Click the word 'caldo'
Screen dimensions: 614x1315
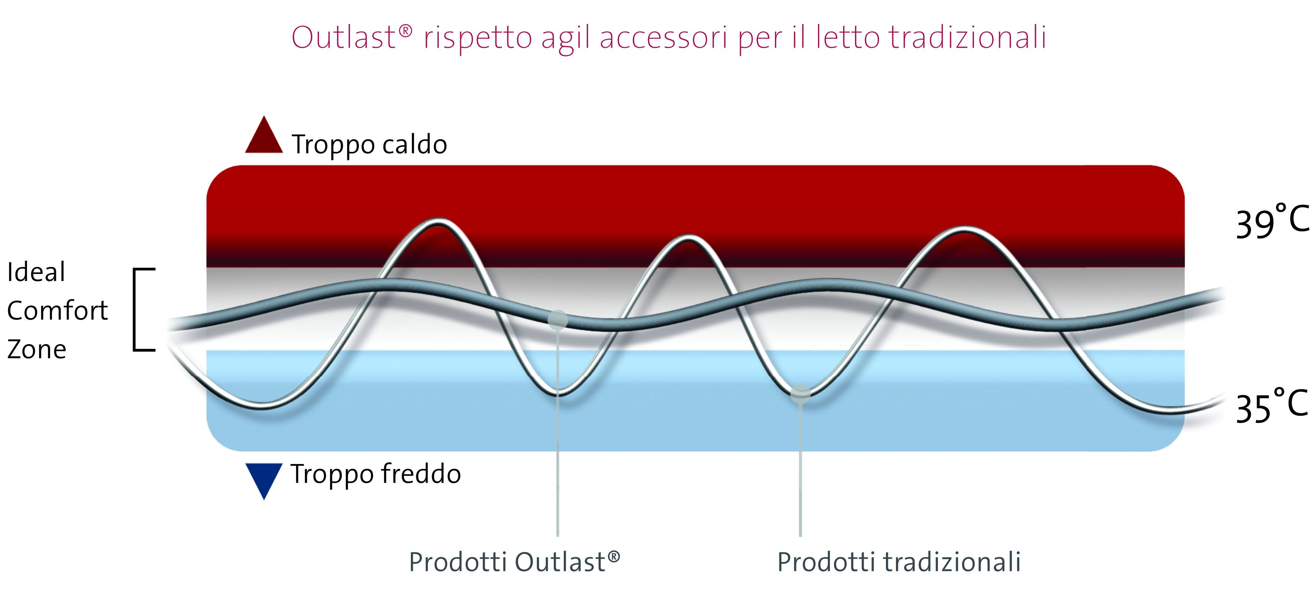(415, 144)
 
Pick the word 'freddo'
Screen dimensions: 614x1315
(421, 474)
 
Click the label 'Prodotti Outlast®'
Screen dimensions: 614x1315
(514, 562)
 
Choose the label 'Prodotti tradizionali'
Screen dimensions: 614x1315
(899, 562)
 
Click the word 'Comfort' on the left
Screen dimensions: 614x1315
(58, 311)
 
